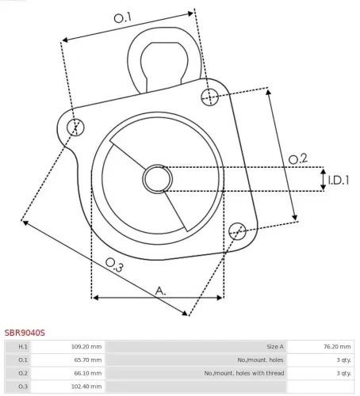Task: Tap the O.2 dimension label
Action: (x=297, y=158)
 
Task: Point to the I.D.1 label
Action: (x=339, y=181)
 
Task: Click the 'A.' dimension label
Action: (x=160, y=291)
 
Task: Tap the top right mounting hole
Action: (x=209, y=97)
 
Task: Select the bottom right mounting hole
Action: (x=236, y=230)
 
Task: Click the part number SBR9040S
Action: (x=25, y=334)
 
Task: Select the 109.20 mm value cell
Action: (x=86, y=347)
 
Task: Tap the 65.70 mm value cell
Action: (x=87, y=360)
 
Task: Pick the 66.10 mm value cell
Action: (x=87, y=372)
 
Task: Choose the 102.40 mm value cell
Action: (x=86, y=386)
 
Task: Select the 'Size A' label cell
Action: (x=274, y=347)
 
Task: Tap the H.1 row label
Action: (x=23, y=347)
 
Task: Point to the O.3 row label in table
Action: (x=23, y=386)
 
